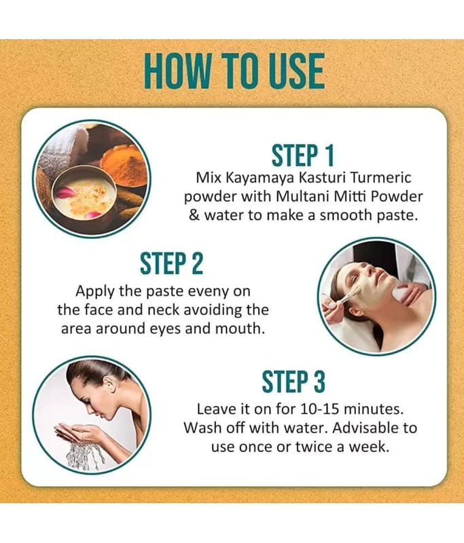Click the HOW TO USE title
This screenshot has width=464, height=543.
tap(234, 71)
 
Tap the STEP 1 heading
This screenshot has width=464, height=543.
tap(302, 155)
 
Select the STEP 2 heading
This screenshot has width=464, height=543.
tap(171, 263)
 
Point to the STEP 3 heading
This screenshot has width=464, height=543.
tap(293, 381)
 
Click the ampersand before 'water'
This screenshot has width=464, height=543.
tap(194, 215)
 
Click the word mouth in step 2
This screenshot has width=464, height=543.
tap(240, 329)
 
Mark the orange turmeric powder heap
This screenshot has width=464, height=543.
tap(124, 162)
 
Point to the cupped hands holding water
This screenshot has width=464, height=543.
tap(80, 431)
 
